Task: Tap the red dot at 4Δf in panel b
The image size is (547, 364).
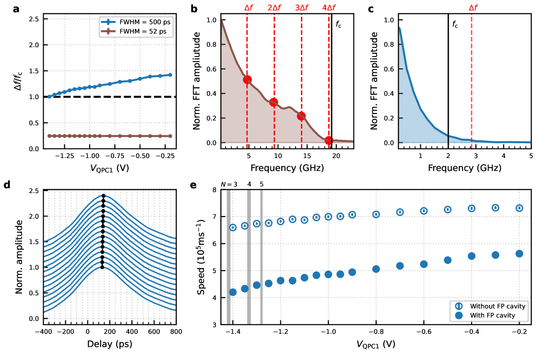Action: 329,140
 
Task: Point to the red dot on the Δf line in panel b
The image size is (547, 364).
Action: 247,80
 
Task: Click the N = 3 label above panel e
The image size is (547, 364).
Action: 229,184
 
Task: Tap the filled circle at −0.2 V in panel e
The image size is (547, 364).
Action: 519,254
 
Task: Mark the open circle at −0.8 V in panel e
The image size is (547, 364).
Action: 376,214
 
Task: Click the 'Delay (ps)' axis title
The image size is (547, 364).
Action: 110,344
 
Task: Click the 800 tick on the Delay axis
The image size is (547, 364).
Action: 176,331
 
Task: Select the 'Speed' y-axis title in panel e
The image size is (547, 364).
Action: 202,257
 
